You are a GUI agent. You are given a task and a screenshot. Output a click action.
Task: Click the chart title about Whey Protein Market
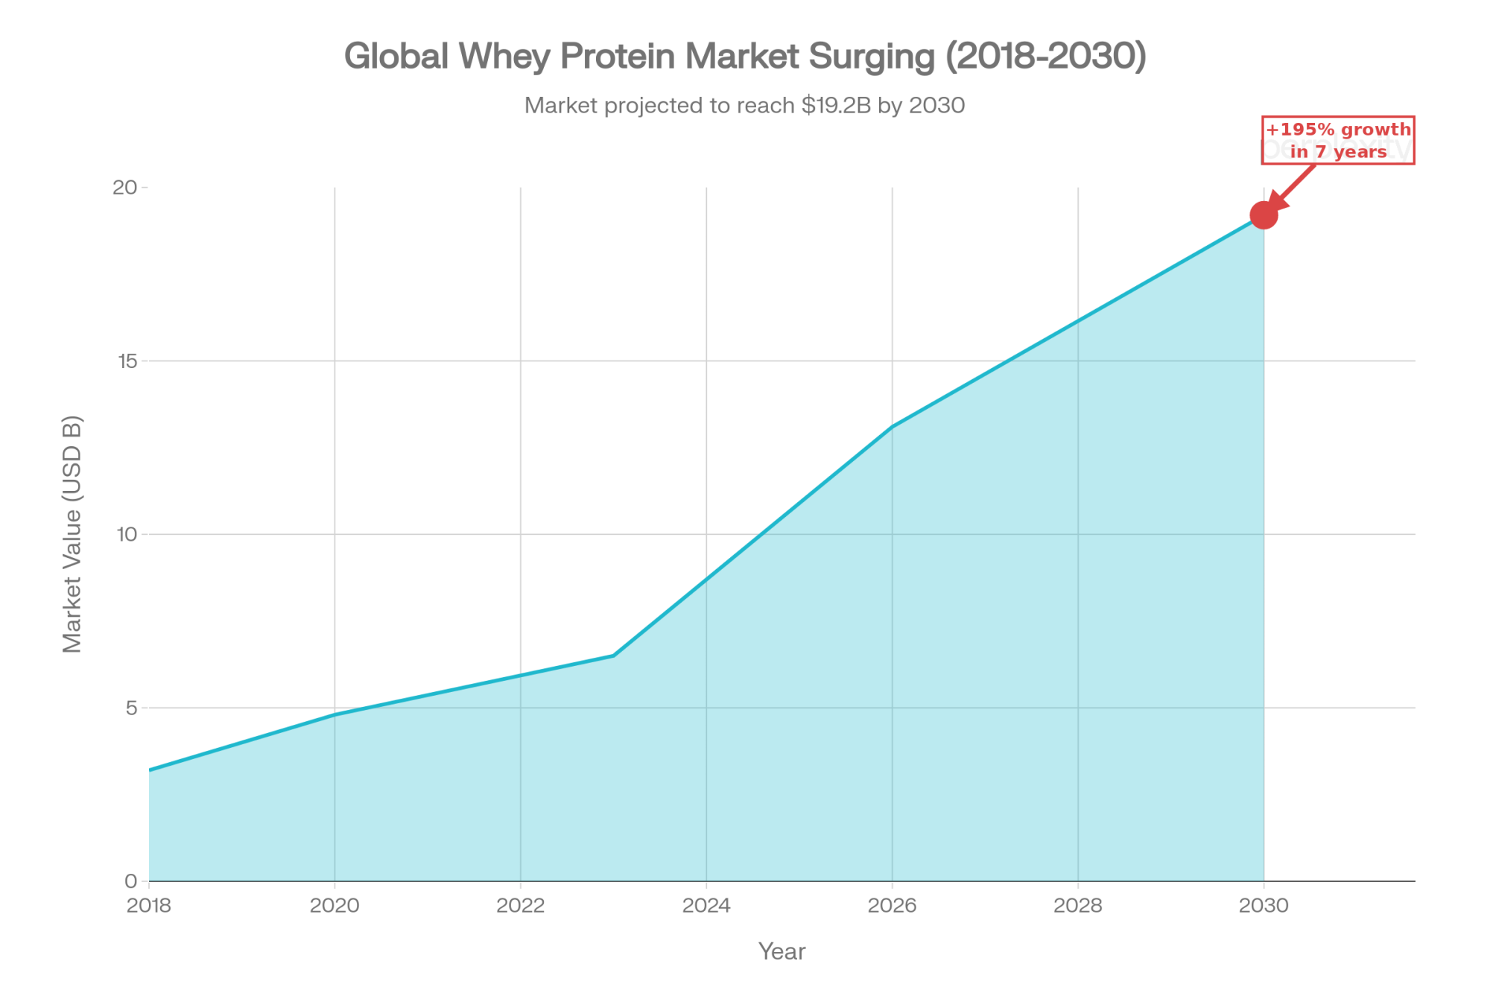pos(745,57)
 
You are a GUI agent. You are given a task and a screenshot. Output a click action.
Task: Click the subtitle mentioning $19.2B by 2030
pos(745,106)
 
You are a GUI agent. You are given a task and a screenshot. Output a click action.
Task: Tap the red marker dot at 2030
pos(1264,215)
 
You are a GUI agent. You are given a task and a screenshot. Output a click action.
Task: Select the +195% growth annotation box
pos(1338,140)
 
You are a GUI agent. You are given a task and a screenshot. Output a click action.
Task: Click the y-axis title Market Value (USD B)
pos(72,534)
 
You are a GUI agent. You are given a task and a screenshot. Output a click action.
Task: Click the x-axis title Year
pos(782,951)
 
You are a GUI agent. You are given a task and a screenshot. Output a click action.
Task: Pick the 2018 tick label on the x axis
pos(150,906)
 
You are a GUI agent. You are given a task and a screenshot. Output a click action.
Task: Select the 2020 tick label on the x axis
pos(335,906)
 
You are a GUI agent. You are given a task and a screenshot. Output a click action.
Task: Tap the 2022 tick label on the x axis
pos(520,906)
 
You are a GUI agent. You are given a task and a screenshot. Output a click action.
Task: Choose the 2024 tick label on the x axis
pos(706,906)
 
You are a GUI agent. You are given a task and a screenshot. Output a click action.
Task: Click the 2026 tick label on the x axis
pos(892,906)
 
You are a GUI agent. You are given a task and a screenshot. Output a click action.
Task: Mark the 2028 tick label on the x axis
pos(1078,906)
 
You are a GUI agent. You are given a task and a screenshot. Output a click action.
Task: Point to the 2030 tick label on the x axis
pos(1264,906)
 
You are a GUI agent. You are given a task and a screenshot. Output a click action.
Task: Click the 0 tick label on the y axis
pos(131,881)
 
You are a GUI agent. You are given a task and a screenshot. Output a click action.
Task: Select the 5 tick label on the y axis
pos(132,708)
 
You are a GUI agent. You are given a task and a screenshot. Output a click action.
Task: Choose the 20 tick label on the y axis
pos(125,188)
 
